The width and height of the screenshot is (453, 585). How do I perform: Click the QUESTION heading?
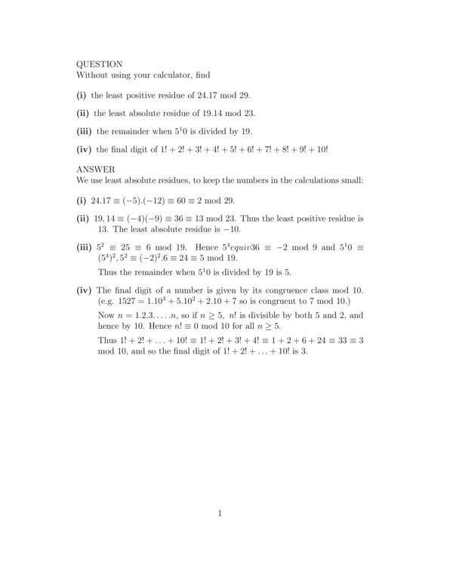tap(100, 64)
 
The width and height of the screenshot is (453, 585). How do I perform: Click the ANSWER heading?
tap(95, 170)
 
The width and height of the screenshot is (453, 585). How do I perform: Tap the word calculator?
tap(170, 75)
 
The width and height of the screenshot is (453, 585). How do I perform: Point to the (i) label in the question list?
tap(82, 96)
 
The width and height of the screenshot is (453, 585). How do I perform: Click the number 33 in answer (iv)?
tap(335, 340)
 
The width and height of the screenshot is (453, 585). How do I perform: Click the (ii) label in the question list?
tap(83, 114)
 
